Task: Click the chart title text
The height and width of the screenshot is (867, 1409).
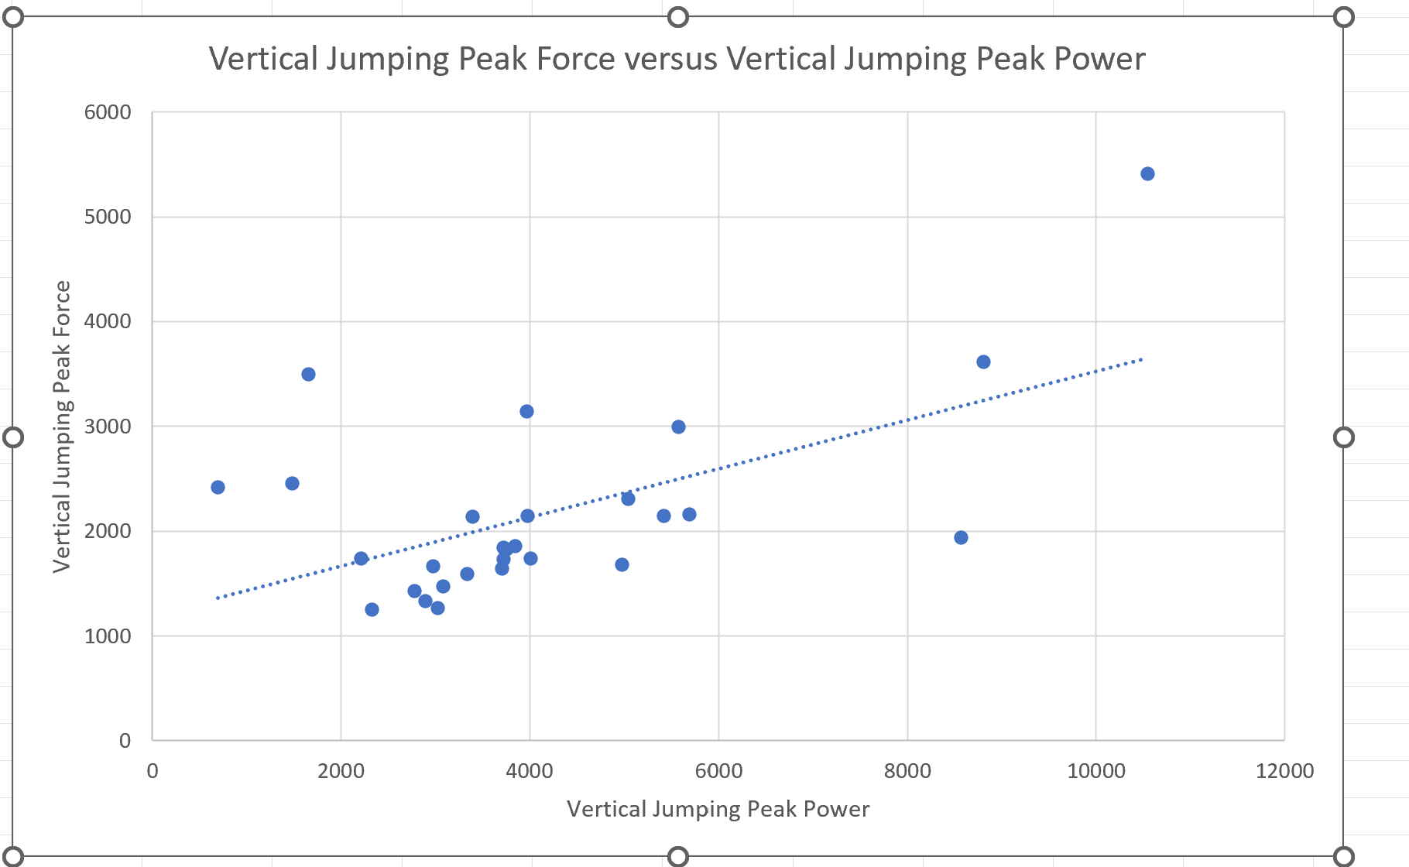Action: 677,59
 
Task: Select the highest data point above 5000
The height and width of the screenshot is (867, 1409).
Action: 1147,173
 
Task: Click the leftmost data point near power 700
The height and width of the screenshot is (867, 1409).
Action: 218,487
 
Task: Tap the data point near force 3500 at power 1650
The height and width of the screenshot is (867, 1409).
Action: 308,374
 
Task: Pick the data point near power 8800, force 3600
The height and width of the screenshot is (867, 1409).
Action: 983,362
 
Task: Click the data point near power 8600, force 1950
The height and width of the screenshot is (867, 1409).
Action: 961,537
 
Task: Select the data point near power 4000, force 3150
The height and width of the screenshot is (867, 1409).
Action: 526,411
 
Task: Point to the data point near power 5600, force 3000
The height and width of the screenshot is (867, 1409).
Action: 678,427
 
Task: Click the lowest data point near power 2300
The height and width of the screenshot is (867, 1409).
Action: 372,609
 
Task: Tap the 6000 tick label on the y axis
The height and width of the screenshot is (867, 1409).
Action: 108,112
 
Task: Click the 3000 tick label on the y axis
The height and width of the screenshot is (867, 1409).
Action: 108,427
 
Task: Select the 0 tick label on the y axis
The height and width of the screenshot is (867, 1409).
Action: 125,741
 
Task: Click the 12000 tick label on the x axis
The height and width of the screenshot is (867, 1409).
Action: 1284,771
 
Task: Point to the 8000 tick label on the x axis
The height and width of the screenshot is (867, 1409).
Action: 907,771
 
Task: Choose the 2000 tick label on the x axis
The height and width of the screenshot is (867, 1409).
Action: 341,771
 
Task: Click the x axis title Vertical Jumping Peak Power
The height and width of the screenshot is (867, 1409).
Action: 718,809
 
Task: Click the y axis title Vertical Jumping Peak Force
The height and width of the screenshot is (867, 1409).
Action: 61,427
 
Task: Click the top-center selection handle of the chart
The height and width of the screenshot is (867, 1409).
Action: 678,17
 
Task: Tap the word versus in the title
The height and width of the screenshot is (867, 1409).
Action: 670,59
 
